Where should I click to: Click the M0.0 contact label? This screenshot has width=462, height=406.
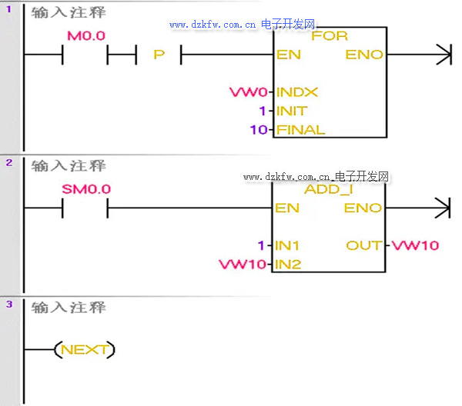click(x=86, y=36)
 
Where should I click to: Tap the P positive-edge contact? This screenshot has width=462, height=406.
click(x=159, y=55)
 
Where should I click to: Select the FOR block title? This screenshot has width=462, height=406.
click(x=330, y=36)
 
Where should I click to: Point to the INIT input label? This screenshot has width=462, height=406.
click(x=291, y=111)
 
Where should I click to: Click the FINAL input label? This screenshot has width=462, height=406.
click(x=300, y=130)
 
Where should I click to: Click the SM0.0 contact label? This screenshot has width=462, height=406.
click(x=86, y=189)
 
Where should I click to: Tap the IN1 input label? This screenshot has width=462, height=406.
click(x=288, y=245)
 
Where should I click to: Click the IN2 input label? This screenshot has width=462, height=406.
click(x=288, y=265)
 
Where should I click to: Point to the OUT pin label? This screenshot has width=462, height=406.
click(x=363, y=245)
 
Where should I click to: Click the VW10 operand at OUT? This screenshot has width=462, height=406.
click(x=416, y=245)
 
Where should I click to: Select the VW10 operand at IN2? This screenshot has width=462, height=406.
click(x=242, y=265)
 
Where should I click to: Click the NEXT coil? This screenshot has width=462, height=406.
click(x=84, y=350)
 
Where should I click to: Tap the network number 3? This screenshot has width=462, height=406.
click(x=8, y=304)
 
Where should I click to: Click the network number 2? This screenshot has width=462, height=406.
click(x=8, y=163)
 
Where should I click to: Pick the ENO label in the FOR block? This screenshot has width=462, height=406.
click(x=363, y=55)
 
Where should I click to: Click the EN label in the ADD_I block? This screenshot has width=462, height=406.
click(x=287, y=208)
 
